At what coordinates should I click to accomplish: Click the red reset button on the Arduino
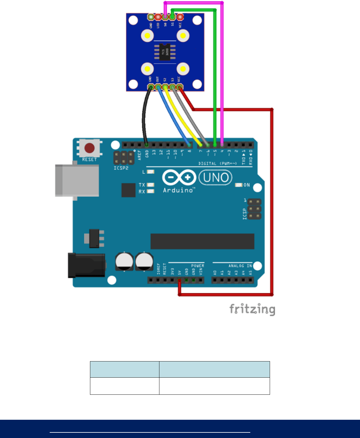[89, 147]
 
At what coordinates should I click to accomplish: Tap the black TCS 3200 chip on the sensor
[165, 52]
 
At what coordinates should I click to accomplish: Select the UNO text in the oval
[216, 178]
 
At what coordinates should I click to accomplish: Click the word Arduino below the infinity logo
[179, 190]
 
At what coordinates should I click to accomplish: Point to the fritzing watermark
[252, 310]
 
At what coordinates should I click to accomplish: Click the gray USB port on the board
[77, 180]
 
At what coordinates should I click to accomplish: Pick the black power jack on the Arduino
[86, 265]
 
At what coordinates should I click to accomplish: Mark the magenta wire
[222, 74]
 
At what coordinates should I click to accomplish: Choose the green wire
[215, 74]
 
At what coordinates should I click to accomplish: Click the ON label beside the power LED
[246, 185]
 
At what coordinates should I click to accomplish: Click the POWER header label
[197, 266]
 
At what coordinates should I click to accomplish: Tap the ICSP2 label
[121, 168]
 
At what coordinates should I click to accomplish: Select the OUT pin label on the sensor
[158, 79]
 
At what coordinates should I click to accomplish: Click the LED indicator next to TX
[151, 185]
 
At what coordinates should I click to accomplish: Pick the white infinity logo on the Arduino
[179, 177]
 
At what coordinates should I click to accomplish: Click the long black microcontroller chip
[202, 241]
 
